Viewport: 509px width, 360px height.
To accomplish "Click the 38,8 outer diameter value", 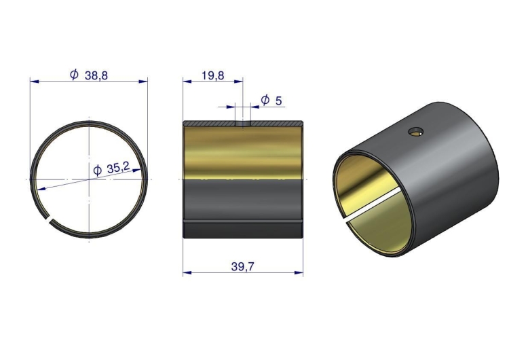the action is (x=96, y=75).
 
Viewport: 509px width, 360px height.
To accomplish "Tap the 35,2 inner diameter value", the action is (x=118, y=168).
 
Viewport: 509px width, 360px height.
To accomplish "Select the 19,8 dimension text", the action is (x=213, y=75).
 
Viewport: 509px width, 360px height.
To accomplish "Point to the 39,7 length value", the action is (x=243, y=267).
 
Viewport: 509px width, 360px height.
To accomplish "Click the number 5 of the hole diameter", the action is (x=278, y=101).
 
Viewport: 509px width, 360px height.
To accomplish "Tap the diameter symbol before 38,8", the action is (x=75, y=75).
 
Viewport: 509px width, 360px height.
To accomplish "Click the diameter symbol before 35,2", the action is (x=97, y=170).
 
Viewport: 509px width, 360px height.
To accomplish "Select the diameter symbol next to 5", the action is (x=265, y=100).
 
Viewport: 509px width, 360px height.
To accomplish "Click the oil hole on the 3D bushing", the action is (x=416, y=132).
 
